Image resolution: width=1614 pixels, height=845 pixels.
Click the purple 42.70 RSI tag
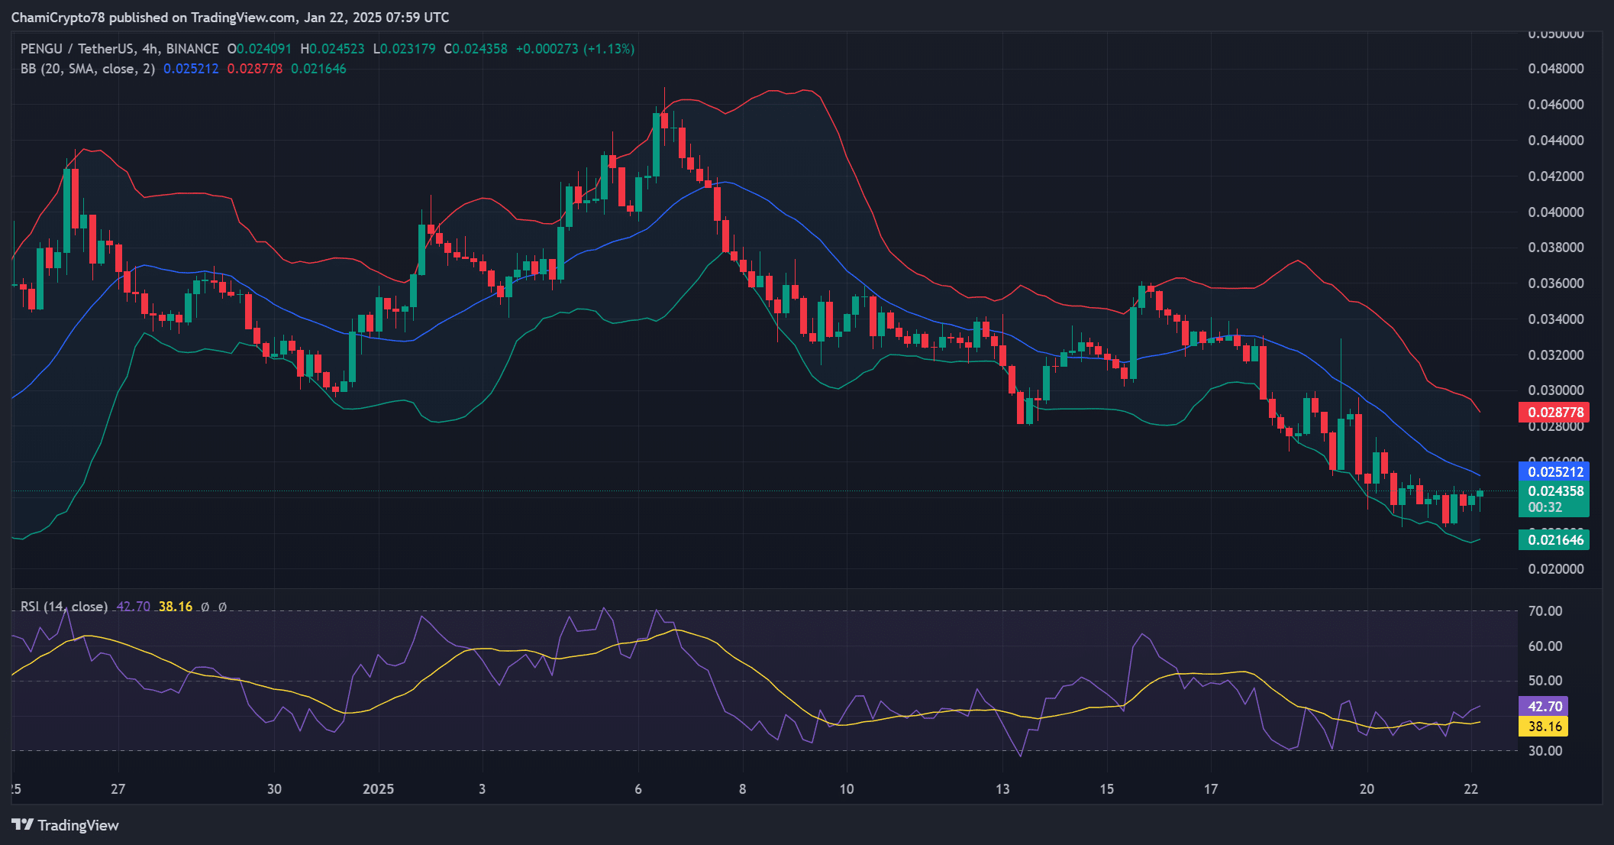pos(1543,707)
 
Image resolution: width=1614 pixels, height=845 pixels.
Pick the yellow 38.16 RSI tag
pos(1543,727)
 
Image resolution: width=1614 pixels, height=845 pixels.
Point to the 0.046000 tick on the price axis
pos(1555,105)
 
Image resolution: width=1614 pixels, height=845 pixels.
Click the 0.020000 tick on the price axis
pos(1555,569)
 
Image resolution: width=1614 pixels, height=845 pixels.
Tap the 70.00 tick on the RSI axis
pos(1545,611)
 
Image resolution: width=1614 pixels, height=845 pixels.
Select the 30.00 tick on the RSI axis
pos(1545,751)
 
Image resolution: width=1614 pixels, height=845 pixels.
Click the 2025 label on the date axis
pos(378,789)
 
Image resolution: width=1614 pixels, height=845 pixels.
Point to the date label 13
pos(1002,789)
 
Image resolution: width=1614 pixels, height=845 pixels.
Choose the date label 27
pos(118,789)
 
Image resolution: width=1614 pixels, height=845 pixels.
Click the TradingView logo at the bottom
pos(66,825)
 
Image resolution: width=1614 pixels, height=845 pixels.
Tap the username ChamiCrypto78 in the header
pos(58,18)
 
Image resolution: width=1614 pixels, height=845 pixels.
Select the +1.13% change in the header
pos(608,49)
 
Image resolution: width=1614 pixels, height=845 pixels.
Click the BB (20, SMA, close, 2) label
pos(88,69)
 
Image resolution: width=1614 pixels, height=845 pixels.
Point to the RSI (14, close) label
pos(64,607)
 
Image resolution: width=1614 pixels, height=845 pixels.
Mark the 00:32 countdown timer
pos(1545,507)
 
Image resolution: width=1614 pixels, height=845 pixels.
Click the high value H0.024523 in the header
pos(332,49)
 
